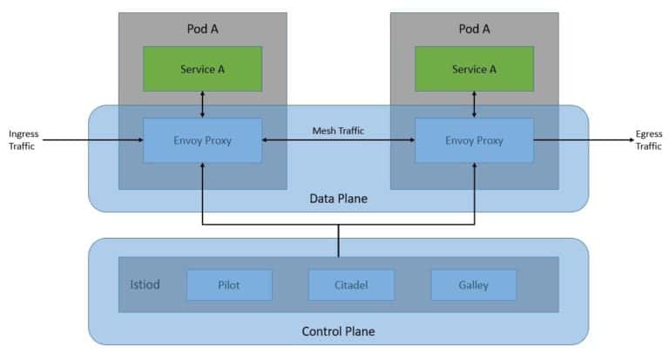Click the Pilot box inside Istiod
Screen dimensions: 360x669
(229, 284)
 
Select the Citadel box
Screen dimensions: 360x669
(351, 284)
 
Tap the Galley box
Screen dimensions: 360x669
(473, 284)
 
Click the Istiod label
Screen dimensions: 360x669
(144, 284)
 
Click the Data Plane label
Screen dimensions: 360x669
(338, 199)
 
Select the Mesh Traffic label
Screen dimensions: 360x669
(338, 131)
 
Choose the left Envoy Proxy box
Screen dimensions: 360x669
(202, 139)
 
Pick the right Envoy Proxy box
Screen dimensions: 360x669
(474, 139)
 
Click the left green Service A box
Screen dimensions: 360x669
(202, 69)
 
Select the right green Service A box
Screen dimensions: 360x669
(474, 69)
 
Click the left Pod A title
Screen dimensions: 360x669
(202, 28)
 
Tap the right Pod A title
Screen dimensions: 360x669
(474, 28)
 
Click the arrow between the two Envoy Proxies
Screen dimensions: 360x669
(338, 140)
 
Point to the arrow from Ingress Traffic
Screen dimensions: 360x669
(91, 139)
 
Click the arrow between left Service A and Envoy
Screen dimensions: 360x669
(202, 105)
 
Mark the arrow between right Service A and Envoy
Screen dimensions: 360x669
(474, 105)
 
